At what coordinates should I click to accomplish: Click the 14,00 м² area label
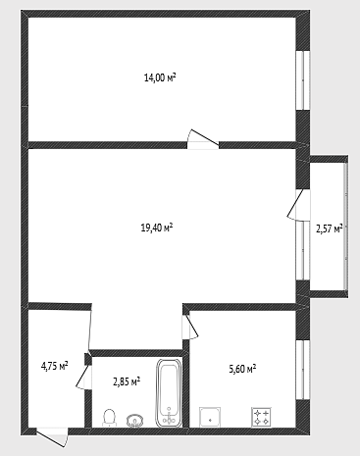160,77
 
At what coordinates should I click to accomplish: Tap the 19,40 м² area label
157,228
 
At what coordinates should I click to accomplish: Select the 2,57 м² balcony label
330,228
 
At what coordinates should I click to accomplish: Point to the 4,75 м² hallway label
54,366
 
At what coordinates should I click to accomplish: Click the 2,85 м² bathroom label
127,381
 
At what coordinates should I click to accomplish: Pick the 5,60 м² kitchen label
242,369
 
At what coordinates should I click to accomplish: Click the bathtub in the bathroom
169,393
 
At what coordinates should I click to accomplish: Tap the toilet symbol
109,418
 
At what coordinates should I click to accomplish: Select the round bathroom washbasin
135,421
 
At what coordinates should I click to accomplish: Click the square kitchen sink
210,417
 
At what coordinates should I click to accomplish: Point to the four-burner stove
261,417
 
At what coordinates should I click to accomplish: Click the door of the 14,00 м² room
203,139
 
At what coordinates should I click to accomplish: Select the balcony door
298,205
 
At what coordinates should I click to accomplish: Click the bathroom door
84,377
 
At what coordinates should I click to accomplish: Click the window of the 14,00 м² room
303,80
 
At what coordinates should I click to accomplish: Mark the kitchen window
303,370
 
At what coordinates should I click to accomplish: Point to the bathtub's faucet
169,416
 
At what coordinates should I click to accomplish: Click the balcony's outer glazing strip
345,226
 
